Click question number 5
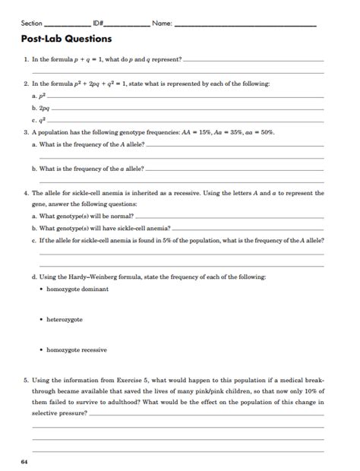(25, 379)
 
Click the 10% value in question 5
(314, 390)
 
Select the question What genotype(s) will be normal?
(83, 216)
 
